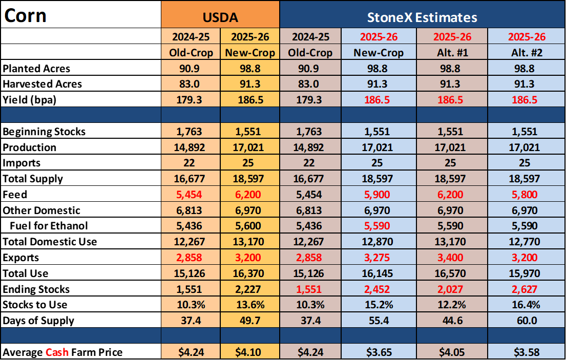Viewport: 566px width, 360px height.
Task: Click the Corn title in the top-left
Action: pos(25,15)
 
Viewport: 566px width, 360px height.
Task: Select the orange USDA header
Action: pos(220,17)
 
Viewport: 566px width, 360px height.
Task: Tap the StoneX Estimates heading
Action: pos(422,17)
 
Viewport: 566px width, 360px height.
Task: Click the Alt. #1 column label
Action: pos(452,53)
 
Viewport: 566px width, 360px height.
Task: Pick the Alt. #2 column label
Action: pos(527,53)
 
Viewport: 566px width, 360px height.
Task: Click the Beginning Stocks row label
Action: pos(44,132)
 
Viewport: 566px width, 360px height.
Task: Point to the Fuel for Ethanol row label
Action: pos(49,226)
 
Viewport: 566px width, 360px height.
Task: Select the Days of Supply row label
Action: pos(38,321)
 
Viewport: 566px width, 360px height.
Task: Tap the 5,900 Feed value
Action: pos(377,195)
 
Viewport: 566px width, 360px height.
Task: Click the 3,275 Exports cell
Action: pos(377,258)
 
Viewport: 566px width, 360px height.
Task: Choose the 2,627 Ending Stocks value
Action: pos(525,289)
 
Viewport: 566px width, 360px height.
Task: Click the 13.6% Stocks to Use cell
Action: pos(250,305)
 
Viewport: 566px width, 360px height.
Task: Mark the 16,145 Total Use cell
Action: pos(377,273)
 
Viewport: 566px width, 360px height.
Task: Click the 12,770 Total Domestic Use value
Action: pos(525,242)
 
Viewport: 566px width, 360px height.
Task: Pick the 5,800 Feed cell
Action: pos(525,195)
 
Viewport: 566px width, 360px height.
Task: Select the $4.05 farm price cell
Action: pos(452,352)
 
